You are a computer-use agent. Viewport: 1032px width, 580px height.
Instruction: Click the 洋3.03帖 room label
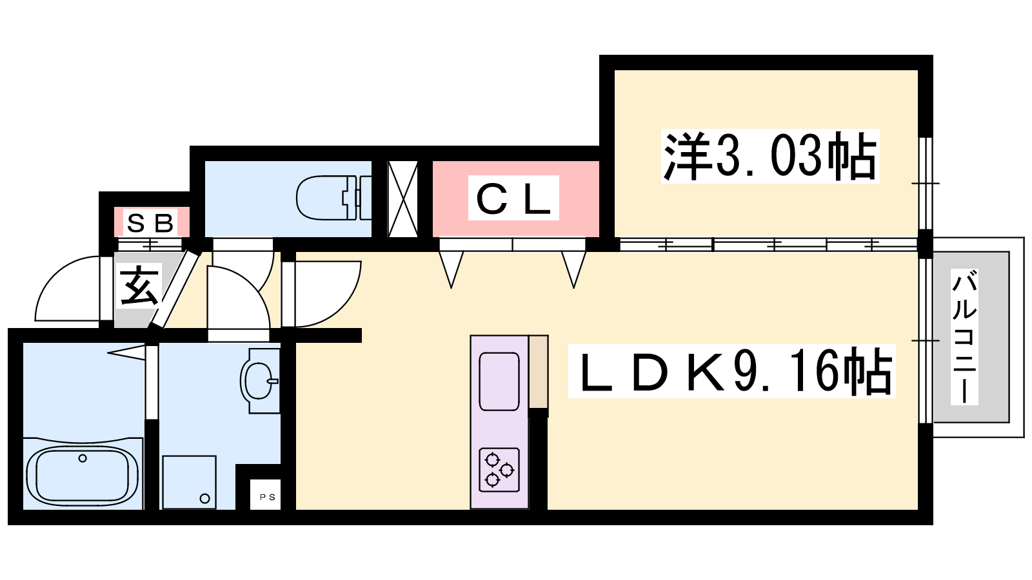point(770,156)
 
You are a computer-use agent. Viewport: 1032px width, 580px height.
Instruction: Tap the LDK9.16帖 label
point(732,372)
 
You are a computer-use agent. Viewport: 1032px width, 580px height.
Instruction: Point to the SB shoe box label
point(152,223)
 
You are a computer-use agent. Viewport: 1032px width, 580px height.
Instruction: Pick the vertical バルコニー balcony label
point(964,337)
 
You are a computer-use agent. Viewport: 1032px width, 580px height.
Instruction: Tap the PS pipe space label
point(267,497)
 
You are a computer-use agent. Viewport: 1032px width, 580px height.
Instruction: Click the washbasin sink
point(259,381)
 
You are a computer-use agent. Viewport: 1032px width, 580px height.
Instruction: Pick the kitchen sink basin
point(499,381)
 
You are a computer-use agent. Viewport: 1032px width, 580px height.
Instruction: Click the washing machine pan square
point(189,482)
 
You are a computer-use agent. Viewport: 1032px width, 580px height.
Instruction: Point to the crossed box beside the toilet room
point(402,198)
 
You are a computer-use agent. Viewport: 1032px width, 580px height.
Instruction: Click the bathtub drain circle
point(82,459)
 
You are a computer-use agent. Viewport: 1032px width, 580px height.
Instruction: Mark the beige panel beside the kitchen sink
point(538,372)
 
